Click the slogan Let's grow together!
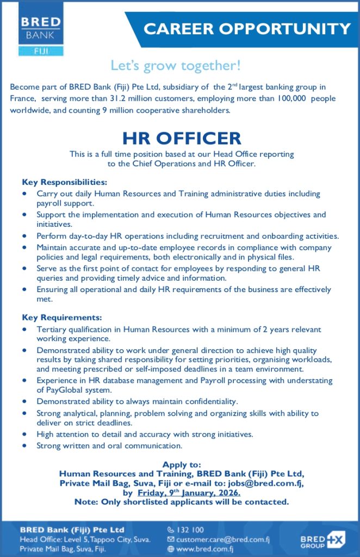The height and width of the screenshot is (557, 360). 176,66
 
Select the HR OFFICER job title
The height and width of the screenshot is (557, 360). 181,138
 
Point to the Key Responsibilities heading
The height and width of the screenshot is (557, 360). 65,182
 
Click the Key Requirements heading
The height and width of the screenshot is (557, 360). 62,317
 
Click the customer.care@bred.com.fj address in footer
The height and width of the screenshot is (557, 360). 222,540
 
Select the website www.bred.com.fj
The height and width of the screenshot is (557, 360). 206,549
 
